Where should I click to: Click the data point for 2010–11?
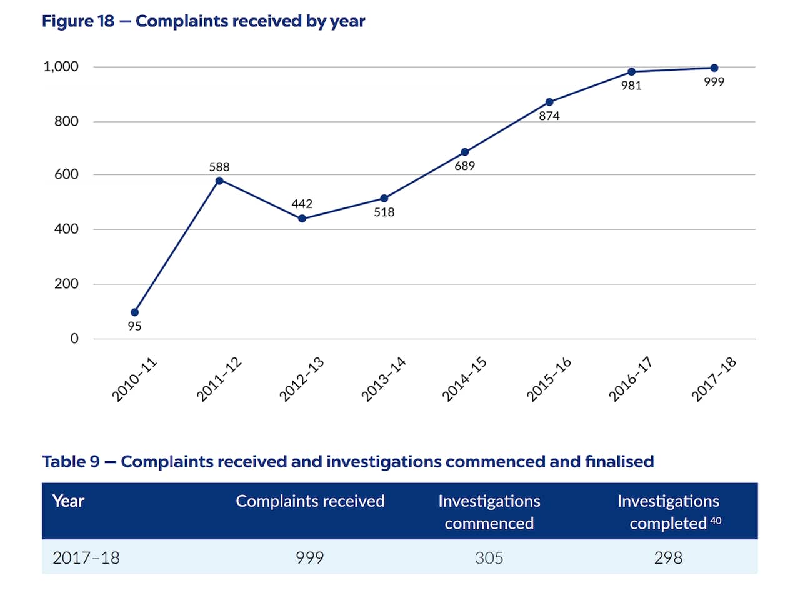click(135, 312)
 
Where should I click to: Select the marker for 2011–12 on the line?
click(219, 181)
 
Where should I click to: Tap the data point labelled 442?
click(302, 219)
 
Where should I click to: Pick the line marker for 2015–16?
click(549, 102)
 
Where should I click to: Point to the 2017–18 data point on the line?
click(714, 67)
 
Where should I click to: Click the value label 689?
click(464, 166)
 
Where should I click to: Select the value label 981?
click(631, 86)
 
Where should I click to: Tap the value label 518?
click(384, 212)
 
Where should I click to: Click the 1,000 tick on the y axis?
click(61, 66)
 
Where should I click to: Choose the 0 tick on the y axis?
click(74, 339)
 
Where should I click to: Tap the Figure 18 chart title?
click(204, 21)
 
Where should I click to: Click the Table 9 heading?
click(347, 462)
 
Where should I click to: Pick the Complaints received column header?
click(310, 501)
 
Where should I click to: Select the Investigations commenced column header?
click(489, 512)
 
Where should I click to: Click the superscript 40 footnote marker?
click(716, 521)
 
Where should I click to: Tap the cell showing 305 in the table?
click(489, 557)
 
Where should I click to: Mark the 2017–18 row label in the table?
click(86, 557)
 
